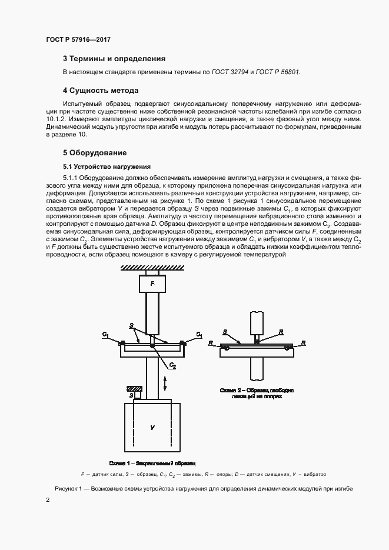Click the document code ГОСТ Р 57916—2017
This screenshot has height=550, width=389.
pos(78,39)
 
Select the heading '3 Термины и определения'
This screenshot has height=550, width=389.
pos(114,59)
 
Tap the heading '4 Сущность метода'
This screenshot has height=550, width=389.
pos(100,91)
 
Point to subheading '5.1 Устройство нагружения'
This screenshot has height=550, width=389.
pos(107,166)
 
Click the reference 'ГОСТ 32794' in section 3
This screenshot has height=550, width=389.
pos(228,72)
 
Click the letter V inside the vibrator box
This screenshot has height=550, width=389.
pos(152,428)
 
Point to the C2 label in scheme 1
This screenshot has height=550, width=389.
pos(172,366)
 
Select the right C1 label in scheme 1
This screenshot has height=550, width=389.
pos(200,335)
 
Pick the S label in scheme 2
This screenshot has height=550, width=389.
pos(224,332)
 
